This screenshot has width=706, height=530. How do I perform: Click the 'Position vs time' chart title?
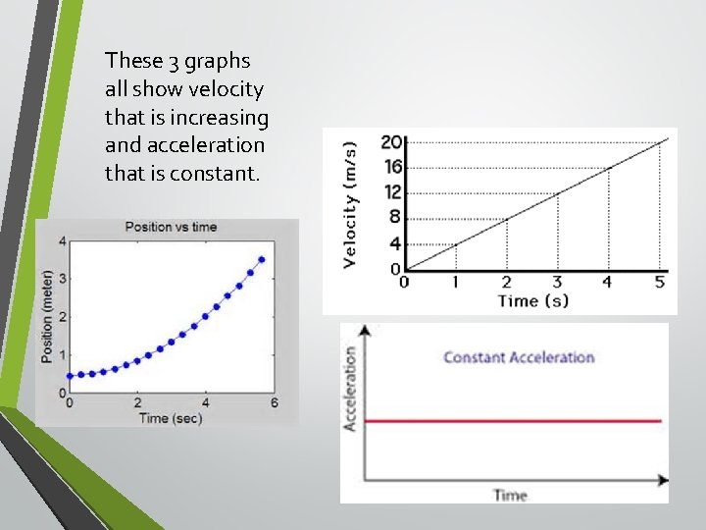(x=171, y=227)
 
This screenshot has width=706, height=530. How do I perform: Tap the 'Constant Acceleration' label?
(x=519, y=356)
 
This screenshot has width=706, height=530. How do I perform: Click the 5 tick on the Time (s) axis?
(x=659, y=282)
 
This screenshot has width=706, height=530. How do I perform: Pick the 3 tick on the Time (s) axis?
(x=557, y=282)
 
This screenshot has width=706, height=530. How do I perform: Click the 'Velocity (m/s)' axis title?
(x=350, y=203)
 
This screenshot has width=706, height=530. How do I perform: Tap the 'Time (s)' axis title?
(x=532, y=301)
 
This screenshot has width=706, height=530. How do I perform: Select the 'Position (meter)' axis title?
(x=47, y=316)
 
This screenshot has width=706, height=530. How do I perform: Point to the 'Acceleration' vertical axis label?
(x=349, y=388)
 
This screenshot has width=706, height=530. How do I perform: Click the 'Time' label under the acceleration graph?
(x=510, y=495)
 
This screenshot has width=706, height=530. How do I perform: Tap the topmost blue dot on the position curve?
(x=262, y=260)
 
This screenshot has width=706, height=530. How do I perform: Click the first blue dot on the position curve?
(x=69, y=375)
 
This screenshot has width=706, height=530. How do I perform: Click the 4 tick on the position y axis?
(x=63, y=241)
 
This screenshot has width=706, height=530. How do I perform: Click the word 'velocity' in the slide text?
(x=227, y=89)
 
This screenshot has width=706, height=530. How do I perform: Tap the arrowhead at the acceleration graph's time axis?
(x=663, y=480)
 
